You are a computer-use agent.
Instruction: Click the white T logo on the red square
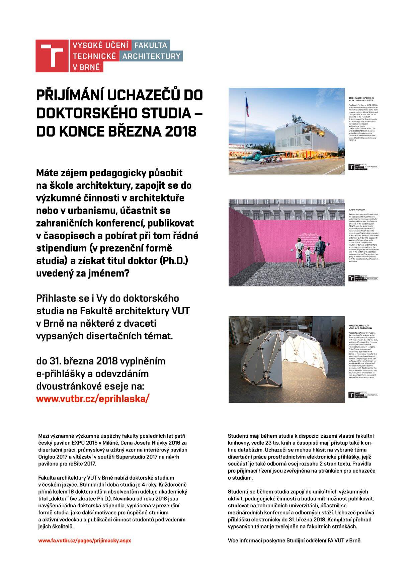click(52, 56)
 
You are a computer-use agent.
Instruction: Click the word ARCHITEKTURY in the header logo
click(151, 56)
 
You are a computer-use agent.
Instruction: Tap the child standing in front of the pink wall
click(308, 257)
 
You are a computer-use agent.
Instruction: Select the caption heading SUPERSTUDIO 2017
click(357, 210)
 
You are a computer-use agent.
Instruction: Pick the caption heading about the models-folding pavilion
click(360, 327)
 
